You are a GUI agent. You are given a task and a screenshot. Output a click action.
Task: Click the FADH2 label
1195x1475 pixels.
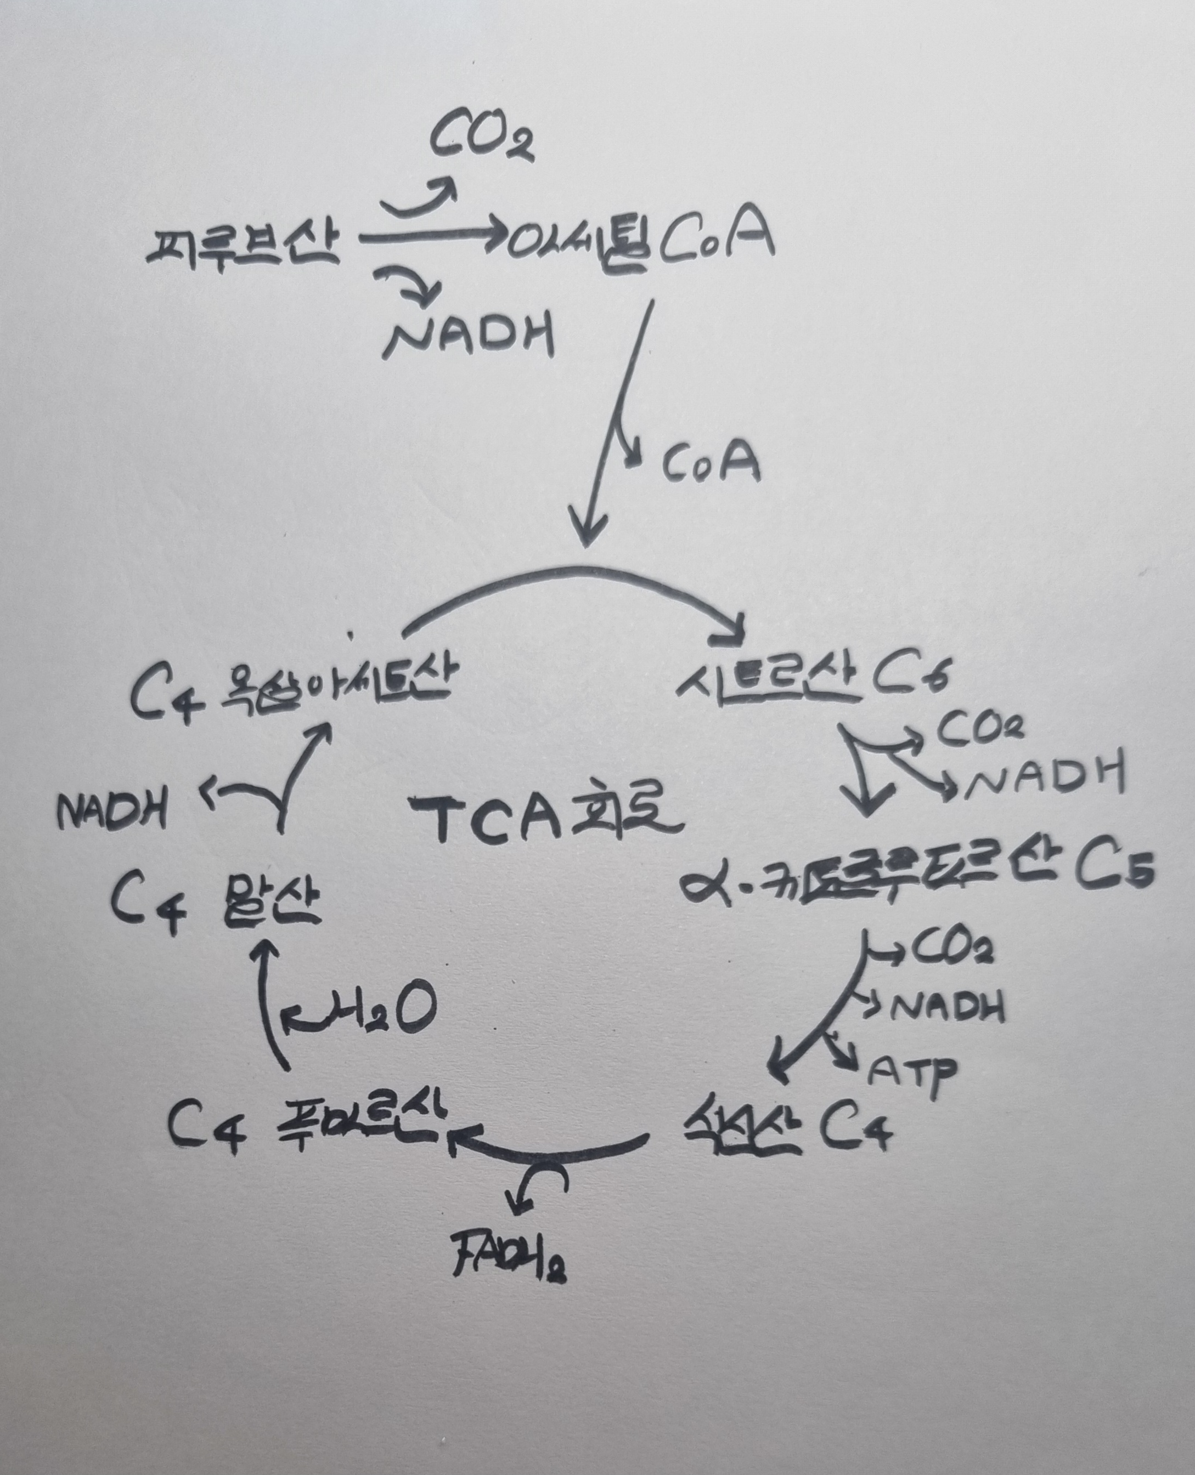click(x=509, y=1262)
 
